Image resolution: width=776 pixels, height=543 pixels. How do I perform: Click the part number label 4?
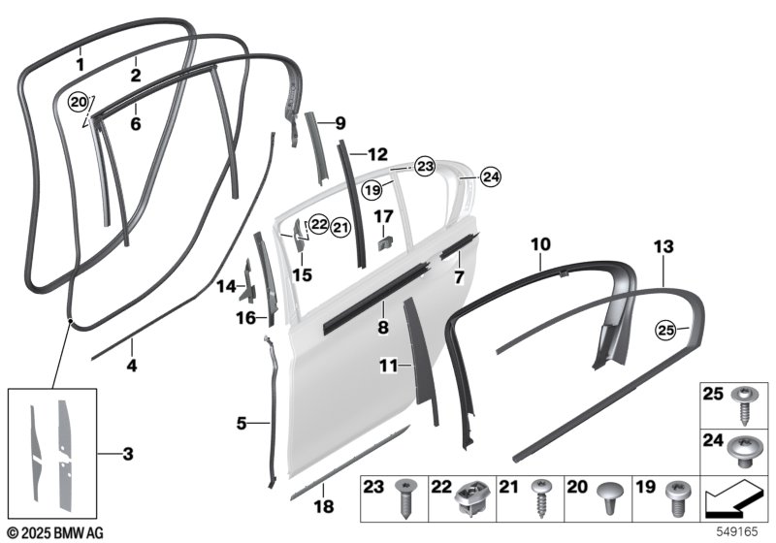(x=132, y=367)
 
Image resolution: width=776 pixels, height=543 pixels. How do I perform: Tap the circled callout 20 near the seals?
(x=78, y=101)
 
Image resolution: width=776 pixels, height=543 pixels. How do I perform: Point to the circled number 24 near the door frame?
(x=492, y=176)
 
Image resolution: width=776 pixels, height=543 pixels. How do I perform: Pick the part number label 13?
(x=663, y=248)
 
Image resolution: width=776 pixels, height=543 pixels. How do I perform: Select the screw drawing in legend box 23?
(x=404, y=501)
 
